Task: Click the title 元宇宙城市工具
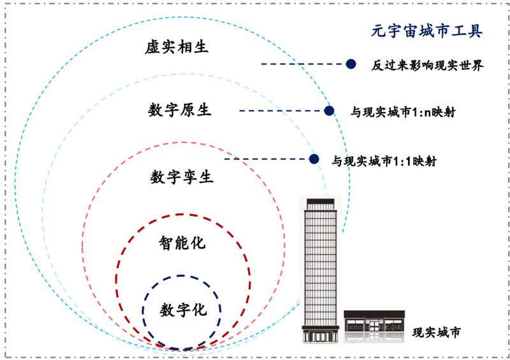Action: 426,32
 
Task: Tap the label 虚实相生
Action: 177,47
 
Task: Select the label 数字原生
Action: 180,110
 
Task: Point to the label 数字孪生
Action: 182,177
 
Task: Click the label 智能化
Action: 182,243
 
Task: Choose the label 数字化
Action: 183,310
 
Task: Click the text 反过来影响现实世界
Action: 427,66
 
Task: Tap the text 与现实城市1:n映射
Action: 403,112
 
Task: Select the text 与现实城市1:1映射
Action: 384,161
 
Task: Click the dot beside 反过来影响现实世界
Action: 351,64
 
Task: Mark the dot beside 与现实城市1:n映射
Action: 329,111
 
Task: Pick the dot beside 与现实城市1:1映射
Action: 314,159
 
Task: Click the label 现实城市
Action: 437,333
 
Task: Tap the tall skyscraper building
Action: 321,271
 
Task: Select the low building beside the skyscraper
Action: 374,326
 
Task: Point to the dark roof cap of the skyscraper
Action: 321,201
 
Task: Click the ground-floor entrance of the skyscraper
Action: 321,336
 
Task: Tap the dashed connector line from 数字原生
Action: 282,111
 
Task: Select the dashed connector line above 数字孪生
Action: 266,159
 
